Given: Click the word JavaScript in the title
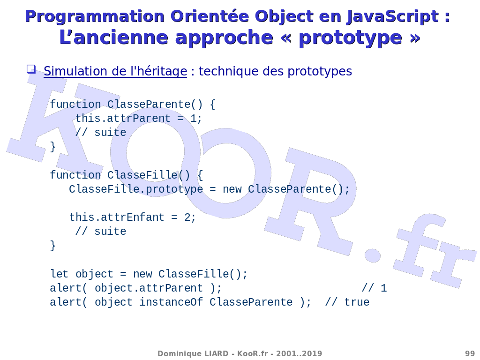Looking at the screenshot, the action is point(393,16).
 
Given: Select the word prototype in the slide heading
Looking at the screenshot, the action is point(350,38).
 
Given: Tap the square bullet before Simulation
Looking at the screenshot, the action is point(31,69).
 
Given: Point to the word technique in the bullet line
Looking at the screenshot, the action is point(228,71).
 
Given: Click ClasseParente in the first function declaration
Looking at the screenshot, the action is point(149,105).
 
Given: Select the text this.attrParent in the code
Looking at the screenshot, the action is point(123,119).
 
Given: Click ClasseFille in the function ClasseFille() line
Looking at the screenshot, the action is point(142,175).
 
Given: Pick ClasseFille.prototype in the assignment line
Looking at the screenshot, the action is point(136,189).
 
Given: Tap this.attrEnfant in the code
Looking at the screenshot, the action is point(117,217).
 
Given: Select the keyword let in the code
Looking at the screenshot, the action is point(60,274).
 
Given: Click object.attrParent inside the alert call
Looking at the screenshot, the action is point(149,288).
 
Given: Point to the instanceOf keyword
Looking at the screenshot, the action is point(171,302).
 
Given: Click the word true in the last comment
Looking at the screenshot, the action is point(357,302).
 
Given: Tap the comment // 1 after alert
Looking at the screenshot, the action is point(374,288).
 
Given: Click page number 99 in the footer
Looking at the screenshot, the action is point(470,353).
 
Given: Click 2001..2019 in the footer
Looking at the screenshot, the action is point(299,353).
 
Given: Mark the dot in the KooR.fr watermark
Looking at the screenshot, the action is point(372,255).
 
